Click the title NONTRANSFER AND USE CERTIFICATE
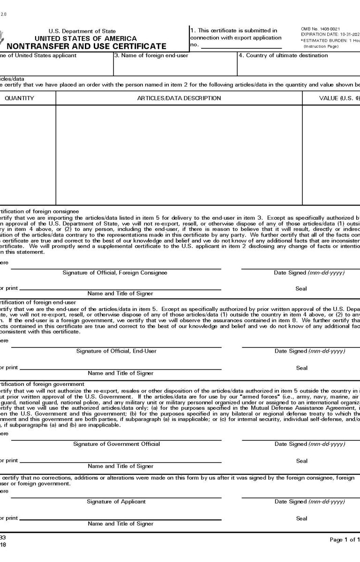coord(86,46)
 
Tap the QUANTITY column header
coord(19,98)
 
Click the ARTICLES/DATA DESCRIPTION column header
coord(179,98)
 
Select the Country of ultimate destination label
coord(283,56)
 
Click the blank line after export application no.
coord(241,46)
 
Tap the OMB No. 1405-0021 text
coord(321,30)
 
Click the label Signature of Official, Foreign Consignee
coord(115,273)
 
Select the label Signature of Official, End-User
coord(116,351)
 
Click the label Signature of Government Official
coord(116,444)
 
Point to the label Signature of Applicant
coord(116,502)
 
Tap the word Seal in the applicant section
coord(301,518)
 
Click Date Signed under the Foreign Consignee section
coord(310,273)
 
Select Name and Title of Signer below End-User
coord(120,373)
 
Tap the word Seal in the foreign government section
coord(301,461)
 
